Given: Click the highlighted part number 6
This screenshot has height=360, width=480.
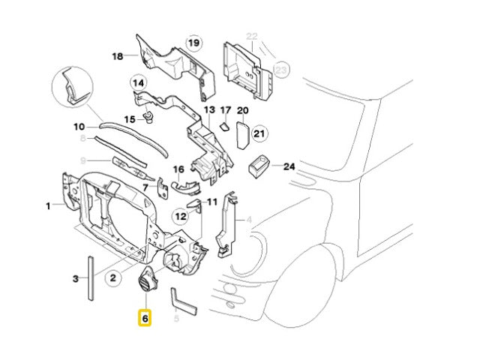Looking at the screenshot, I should coord(145,318).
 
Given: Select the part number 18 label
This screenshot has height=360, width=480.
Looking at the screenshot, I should coord(118,56).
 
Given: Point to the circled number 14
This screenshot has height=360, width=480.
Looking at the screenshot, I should coord(139,82).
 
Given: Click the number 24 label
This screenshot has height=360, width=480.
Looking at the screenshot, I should coord(289,167).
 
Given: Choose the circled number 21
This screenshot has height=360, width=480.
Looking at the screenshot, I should coord(259,134).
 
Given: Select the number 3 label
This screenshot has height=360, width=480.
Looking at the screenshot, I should coord(76,279).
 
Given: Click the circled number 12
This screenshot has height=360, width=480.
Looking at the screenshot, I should coord(181,217).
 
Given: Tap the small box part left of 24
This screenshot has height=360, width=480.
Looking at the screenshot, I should coord(259,164).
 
